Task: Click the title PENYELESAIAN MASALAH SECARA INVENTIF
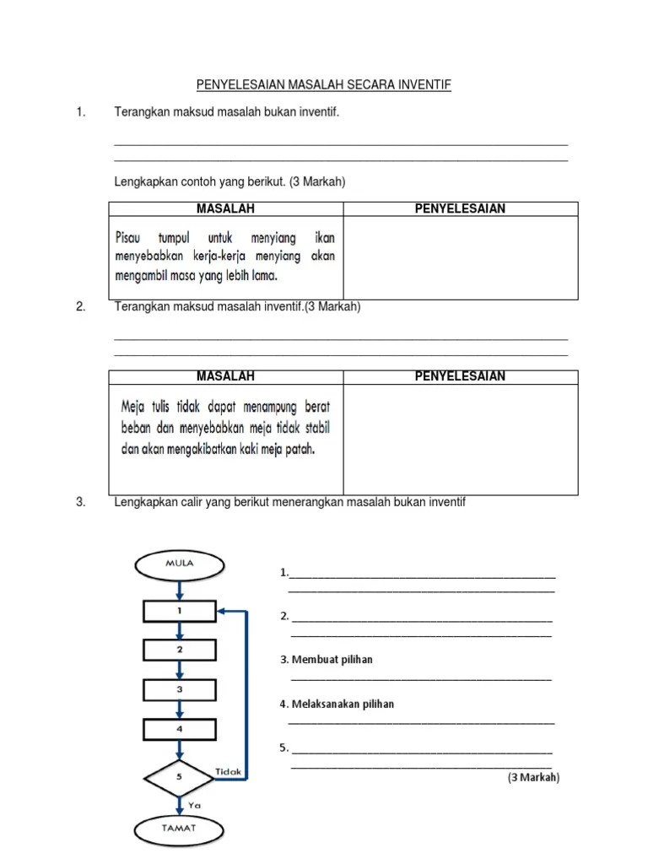coord(324,85)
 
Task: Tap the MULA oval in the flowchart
coord(178,564)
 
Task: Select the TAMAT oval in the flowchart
coord(178,828)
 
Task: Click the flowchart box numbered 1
coord(178,609)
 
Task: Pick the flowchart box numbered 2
coord(178,650)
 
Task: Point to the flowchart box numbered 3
coord(178,689)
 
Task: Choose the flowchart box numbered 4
coord(178,728)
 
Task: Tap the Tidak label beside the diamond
coord(229,771)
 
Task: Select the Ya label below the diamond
coord(194,805)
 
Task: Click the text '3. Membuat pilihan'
coord(327,660)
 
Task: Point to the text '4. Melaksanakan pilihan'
coord(337,704)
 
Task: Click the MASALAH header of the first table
coord(225,208)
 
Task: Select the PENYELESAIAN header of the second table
coord(460,376)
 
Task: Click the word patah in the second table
coord(300,449)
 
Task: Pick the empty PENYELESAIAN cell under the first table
coord(460,257)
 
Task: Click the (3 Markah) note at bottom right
coord(533,778)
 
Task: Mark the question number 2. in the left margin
coord(81,307)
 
